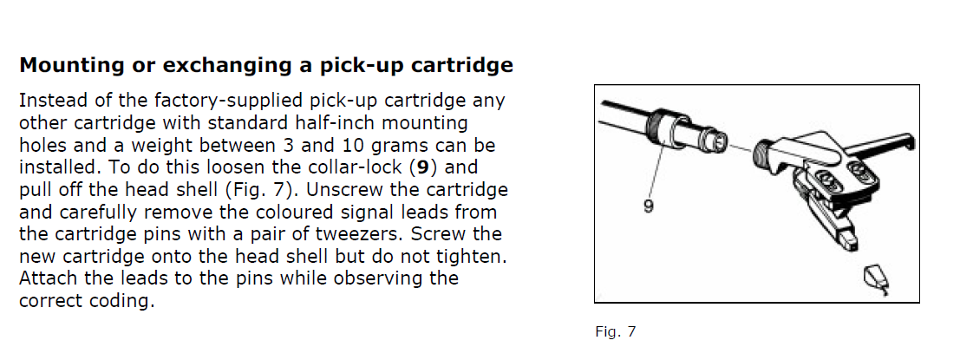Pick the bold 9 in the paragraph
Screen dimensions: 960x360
pyautogui.click(x=422, y=167)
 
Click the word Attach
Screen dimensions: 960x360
pyautogui.click(x=46, y=278)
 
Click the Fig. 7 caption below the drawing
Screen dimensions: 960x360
pyautogui.click(x=616, y=332)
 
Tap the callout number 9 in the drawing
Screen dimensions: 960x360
pyautogui.click(x=649, y=207)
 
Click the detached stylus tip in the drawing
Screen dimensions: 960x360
pyautogui.click(x=876, y=279)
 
